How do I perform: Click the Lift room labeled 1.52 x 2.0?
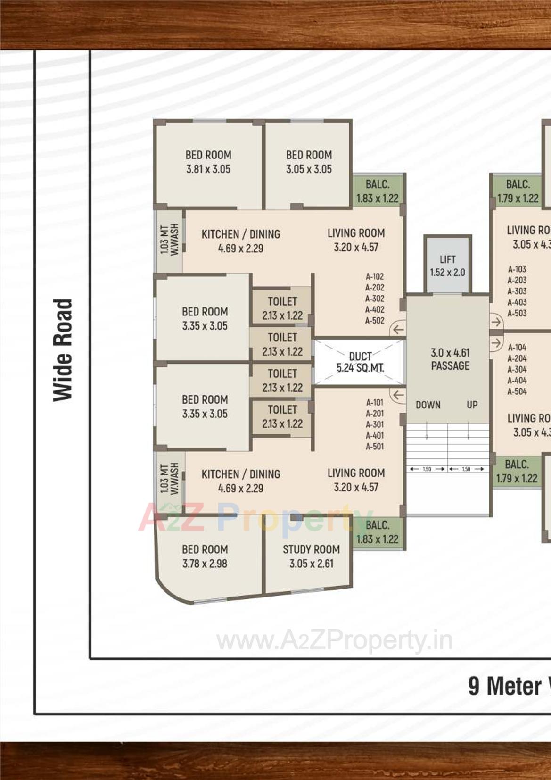[447, 266]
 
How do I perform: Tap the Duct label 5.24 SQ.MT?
[360, 362]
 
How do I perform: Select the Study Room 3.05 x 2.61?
[311, 556]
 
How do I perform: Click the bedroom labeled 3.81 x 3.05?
[208, 162]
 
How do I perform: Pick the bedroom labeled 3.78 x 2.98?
[205, 556]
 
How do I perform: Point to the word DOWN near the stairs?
[428, 405]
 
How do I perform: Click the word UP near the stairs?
[472, 405]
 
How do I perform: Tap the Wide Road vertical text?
[63, 350]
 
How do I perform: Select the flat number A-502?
[375, 321]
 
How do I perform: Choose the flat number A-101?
[375, 402]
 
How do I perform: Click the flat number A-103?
[517, 269]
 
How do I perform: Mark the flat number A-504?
[517, 391]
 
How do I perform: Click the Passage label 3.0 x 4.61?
[450, 359]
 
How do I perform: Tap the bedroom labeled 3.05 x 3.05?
[309, 162]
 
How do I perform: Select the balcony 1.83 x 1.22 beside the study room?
[378, 532]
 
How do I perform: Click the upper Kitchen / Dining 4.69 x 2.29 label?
[241, 241]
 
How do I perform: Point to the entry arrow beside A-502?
[398, 329]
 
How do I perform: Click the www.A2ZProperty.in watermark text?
[335, 641]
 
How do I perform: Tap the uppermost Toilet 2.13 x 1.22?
[282, 308]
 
